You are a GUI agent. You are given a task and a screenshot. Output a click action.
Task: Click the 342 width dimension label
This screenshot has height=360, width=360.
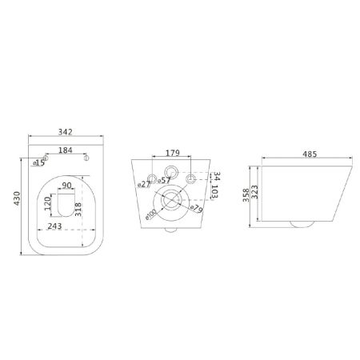66,132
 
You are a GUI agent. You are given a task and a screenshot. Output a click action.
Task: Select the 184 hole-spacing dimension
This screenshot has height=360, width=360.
66,150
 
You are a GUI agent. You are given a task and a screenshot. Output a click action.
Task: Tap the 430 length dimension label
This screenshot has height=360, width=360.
17,198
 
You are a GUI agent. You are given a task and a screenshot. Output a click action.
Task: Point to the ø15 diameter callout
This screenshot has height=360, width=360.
39,162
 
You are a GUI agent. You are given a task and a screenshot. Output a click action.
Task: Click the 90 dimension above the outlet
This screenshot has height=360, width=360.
66,185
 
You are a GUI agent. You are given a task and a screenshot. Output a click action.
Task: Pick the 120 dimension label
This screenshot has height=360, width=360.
47,203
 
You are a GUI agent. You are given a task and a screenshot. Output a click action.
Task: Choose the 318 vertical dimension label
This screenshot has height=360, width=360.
78,210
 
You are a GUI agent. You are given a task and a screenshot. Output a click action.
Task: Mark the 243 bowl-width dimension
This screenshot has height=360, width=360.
54,226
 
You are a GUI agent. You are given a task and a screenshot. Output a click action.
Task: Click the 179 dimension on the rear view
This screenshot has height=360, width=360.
173,153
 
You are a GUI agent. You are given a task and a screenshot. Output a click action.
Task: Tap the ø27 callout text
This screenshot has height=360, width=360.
144,184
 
